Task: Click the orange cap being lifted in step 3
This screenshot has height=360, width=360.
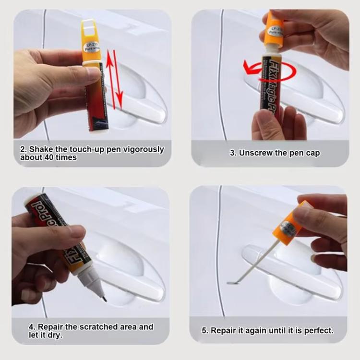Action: pyautogui.click(x=275, y=29)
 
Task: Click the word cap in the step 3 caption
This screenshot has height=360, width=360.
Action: pyautogui.click(x=312, y=153)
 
